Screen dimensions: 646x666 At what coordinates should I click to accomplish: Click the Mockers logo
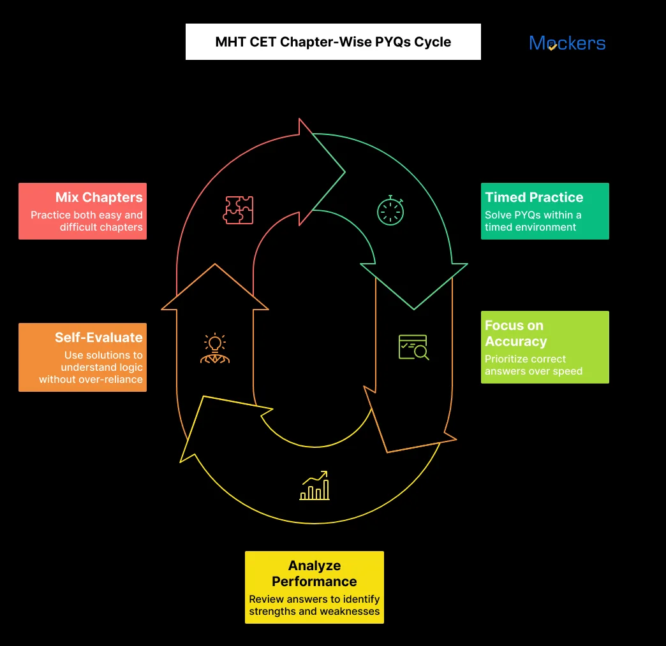pos(567,43)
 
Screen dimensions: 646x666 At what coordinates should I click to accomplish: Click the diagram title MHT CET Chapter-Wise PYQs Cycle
pos(333,42)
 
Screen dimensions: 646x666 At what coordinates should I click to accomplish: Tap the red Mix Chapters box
pos(82,212)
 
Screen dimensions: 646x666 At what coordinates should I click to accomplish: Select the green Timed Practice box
pos(545,212)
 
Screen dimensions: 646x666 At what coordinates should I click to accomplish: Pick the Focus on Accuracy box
pos(545,347)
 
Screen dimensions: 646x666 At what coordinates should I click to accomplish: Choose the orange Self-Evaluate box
pos(82,357)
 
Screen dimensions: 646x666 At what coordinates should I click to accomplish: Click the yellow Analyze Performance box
pos(314,587)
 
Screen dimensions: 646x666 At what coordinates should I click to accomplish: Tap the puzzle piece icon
pos(238,210)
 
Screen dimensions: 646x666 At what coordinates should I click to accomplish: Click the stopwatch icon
pos(390,210)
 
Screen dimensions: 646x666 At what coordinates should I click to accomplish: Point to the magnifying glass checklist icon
pos(413,347)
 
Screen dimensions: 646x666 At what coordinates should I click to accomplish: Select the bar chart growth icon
pos(314,486)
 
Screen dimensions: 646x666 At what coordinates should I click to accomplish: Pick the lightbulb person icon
pos(215,348)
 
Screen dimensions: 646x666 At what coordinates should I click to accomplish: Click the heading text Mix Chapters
pos(99,197)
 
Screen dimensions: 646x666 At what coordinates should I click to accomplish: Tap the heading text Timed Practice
pos(534,197)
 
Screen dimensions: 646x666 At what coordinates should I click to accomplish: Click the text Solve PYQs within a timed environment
pos(533,221)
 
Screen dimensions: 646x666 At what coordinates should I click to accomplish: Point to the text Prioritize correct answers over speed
pos(533,365)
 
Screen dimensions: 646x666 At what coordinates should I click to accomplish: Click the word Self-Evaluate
pos(98,337)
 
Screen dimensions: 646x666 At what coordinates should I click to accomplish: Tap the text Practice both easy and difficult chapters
pos(87,221)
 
